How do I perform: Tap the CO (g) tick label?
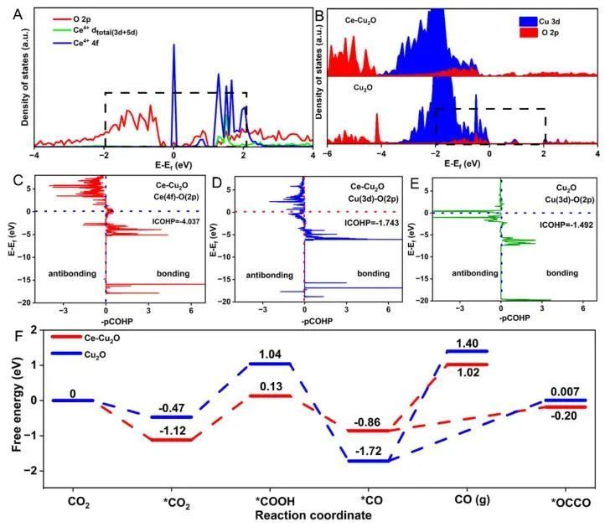pos(471,503)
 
